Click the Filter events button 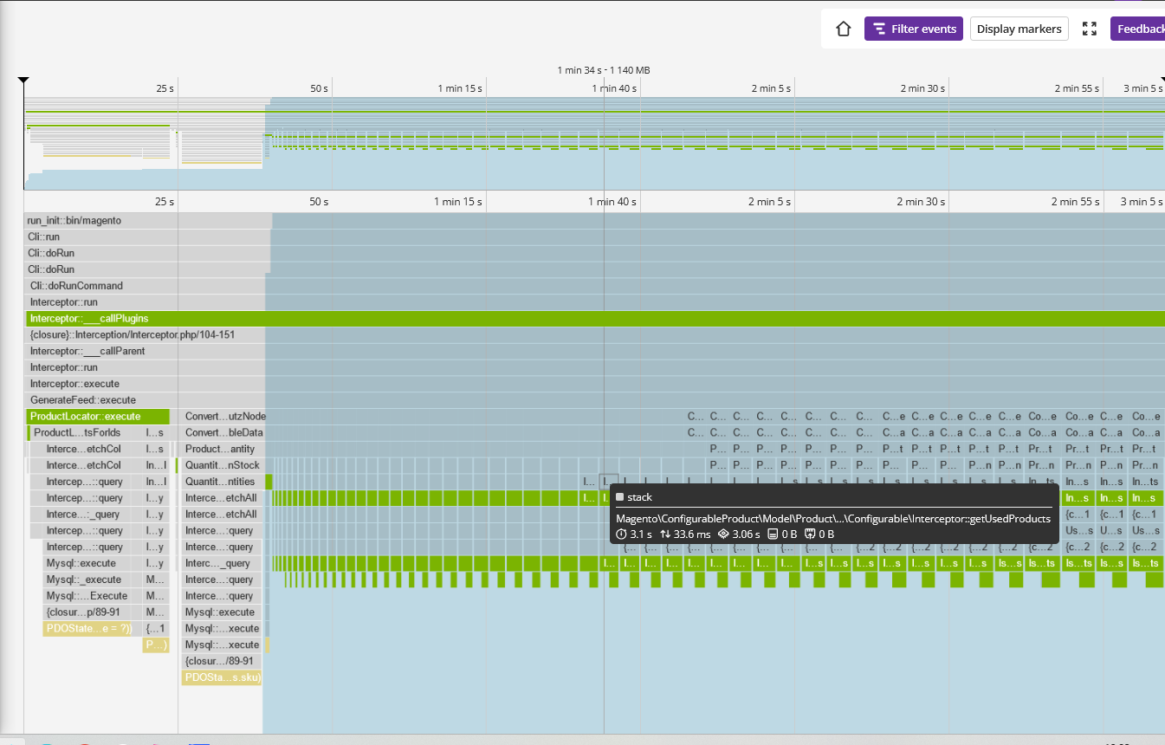[x=914, y=29]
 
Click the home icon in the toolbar [x=844, y=29]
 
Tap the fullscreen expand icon [x=1090, y=29]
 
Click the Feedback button [x=1140, y=29]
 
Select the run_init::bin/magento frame [x=74, y=221]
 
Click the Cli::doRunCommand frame [x=76, y=286]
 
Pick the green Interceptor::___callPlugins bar [x=89, y=319]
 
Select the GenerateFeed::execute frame [x=83, y=400]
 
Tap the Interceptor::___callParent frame [x=87, y=351]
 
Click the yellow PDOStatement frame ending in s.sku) [x=223, y=677]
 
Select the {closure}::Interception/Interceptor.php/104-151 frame [x=133, y=334]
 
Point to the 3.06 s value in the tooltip [x=744, y=534]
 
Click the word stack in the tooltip [x=639, y=497]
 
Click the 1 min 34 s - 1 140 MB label [x=604, y=70]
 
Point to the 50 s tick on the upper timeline [x=319, y=88]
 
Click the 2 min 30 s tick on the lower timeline [x=922, y=202]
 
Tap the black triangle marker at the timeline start [x=23, y=81]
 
